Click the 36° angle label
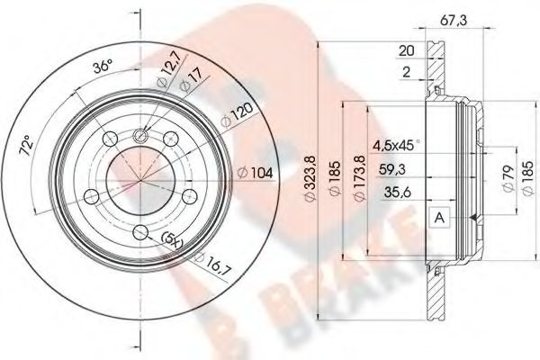(103, 67)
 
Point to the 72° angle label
(28, 144)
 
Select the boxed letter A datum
(439, 217)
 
